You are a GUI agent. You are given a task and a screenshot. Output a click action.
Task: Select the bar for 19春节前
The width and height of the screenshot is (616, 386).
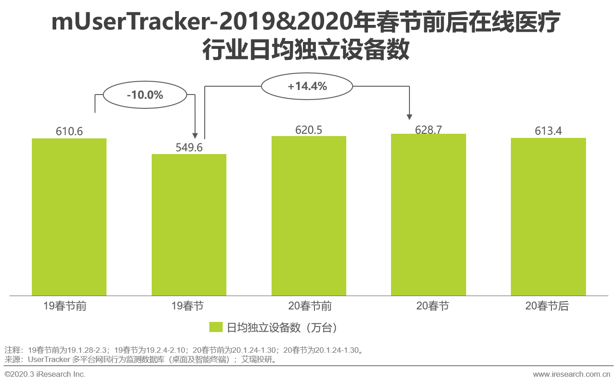tap(69, 217)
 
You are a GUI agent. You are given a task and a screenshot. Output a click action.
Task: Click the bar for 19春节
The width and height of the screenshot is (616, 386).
tap(189, 225)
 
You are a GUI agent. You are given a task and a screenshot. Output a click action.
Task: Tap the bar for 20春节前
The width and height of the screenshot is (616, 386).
tap(309, 216)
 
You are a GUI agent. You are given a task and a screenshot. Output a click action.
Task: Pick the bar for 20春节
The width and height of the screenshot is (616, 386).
tap(428, 214)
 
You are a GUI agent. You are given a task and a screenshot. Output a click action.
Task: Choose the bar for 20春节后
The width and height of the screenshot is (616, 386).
tap(548, 217)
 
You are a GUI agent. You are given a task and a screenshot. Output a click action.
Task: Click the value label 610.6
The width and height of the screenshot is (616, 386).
tap(69, 131)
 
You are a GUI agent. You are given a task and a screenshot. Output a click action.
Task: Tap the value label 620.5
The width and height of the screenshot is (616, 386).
tap(309, 130)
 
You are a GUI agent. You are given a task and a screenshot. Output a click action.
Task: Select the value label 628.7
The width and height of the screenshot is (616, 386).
tap(428, 130)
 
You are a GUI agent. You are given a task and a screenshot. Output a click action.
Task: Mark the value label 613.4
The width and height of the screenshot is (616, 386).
tap(548, 131)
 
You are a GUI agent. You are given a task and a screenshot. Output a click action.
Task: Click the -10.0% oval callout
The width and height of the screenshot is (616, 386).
tap(145, 95)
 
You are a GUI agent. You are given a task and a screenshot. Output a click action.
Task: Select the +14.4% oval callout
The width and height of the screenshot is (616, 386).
tap(307, 86)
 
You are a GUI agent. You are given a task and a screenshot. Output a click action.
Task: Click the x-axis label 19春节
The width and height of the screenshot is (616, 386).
tap(188, 306)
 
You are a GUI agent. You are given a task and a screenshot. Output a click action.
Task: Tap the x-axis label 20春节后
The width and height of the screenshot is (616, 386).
tap(547, 306)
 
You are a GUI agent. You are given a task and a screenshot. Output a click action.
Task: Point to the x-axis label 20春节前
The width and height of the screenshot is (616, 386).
tap(309, 306)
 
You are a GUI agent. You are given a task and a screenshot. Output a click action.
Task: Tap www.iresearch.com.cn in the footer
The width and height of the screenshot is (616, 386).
tap(572, 374)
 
